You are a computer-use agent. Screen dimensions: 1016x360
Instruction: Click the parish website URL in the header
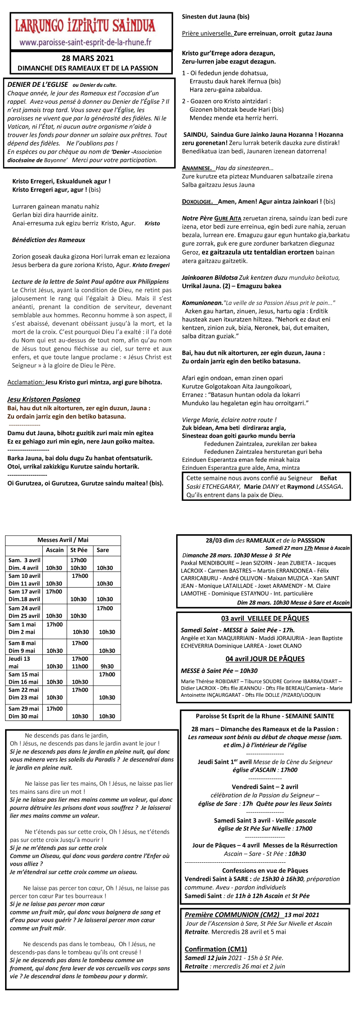85,42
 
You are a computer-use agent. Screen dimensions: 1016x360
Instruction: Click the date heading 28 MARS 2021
88,58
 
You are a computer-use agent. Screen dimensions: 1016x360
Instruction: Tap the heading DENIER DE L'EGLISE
38,84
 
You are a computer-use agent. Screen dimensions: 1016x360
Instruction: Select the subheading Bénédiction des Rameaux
49,240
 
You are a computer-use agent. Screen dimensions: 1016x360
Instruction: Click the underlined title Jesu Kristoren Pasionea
44,399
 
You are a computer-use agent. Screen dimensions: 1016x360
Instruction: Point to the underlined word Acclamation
26,382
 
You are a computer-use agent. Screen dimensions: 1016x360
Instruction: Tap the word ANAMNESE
197,168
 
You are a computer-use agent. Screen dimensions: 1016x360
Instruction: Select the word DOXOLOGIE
197,202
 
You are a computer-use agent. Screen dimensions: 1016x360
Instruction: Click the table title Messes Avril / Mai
63,540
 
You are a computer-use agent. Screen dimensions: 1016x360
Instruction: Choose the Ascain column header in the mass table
55,550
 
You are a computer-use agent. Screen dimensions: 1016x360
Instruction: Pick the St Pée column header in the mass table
79,550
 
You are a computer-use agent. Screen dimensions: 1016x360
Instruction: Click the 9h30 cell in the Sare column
107,666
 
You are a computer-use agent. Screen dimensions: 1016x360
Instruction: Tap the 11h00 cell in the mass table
80,666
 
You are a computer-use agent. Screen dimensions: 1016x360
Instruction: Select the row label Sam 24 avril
25,608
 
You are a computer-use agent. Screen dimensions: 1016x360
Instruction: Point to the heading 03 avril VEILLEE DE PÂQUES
265,618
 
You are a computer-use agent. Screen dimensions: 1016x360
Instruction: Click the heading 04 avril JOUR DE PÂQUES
265,659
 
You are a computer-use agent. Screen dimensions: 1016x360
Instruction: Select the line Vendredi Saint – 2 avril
265,787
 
